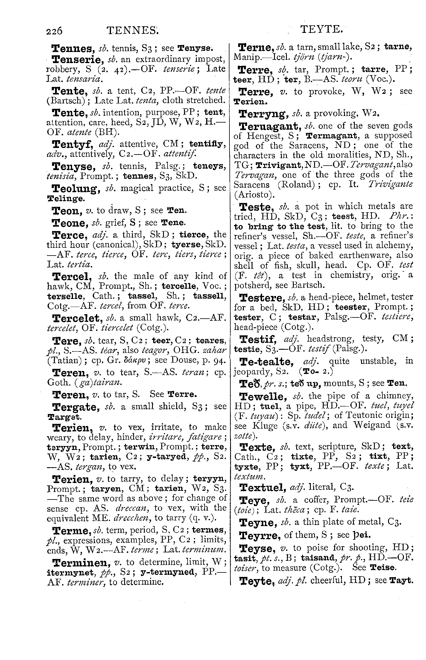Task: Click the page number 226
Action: click(x=54, y=30)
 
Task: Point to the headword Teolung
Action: click(x=76, y=189)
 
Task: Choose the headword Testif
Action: click(x=258, y=339)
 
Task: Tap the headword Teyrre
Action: click(x=260, y=535)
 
